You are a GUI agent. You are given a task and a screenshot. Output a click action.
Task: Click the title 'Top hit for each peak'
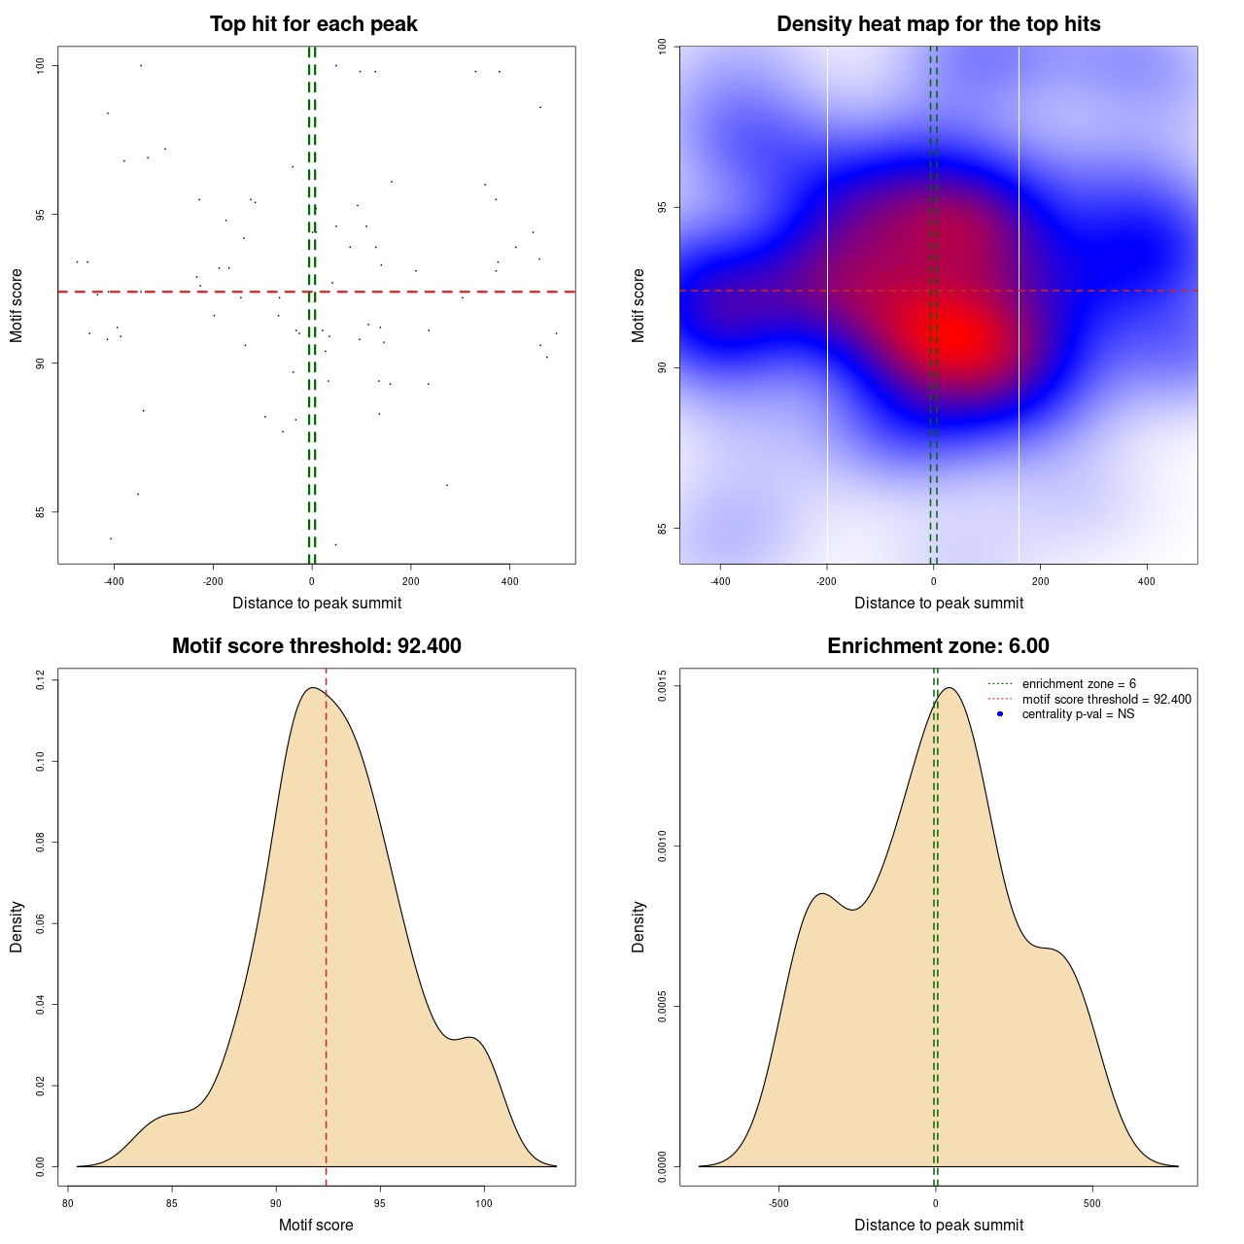(x=313, y=24)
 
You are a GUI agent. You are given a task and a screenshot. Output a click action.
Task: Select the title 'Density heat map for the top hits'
(x=938, y=24)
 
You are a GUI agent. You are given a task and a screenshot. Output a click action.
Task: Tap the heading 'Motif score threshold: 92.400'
(x=316, y=646)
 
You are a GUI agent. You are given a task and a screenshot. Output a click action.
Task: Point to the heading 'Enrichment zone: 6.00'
(x=938, y=646)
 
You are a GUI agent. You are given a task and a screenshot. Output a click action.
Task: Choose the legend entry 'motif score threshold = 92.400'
(x=1106, y=700)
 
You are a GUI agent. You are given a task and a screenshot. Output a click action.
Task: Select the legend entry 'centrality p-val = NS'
(x=1078, y=714)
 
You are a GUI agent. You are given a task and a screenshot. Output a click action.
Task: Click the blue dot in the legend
(x=1000, y=714)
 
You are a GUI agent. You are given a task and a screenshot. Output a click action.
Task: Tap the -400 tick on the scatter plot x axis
(x=114, y=582)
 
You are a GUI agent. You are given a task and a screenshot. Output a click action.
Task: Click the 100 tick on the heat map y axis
(x=663, y=46)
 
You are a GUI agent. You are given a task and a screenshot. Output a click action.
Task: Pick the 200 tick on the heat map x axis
(x=1040, y=582)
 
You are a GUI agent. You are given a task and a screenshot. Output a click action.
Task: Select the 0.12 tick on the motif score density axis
(x=41, y=679)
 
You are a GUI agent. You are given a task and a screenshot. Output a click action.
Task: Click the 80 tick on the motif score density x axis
(x=68, y=1203)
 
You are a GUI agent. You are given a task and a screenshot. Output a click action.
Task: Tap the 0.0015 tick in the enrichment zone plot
(x=663, y=686)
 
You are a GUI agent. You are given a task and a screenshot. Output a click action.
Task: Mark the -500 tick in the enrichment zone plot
(x=778, y=1203)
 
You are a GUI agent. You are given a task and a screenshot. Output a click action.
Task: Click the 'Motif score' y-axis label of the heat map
(x=639, y=305)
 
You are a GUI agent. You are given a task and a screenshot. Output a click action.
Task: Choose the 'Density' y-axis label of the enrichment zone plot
(x=639, y=926)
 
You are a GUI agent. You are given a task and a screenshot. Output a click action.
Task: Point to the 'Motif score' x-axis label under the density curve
(x=316, y=1225)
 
